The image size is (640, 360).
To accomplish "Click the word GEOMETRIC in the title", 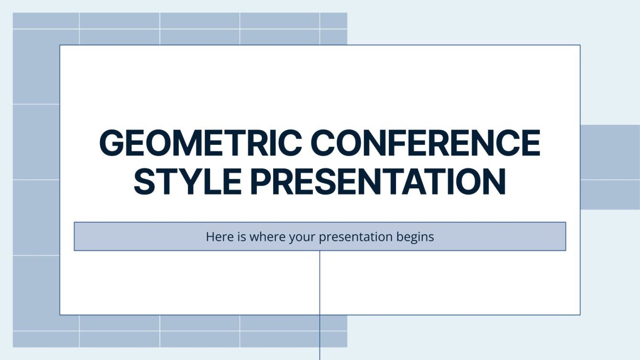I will point(200,143).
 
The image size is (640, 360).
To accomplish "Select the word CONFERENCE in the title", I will point(426,143).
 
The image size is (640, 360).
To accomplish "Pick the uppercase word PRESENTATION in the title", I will point(378,182).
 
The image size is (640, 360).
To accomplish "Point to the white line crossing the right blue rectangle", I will point(610,180).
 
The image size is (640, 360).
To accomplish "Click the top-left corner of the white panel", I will point(60,45).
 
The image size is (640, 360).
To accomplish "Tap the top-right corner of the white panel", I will point(580,45).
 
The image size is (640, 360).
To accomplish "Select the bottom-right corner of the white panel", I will point(580,315).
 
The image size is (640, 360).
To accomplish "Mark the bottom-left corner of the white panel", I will point(60,315).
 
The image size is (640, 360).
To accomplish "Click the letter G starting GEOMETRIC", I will point(111,143).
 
